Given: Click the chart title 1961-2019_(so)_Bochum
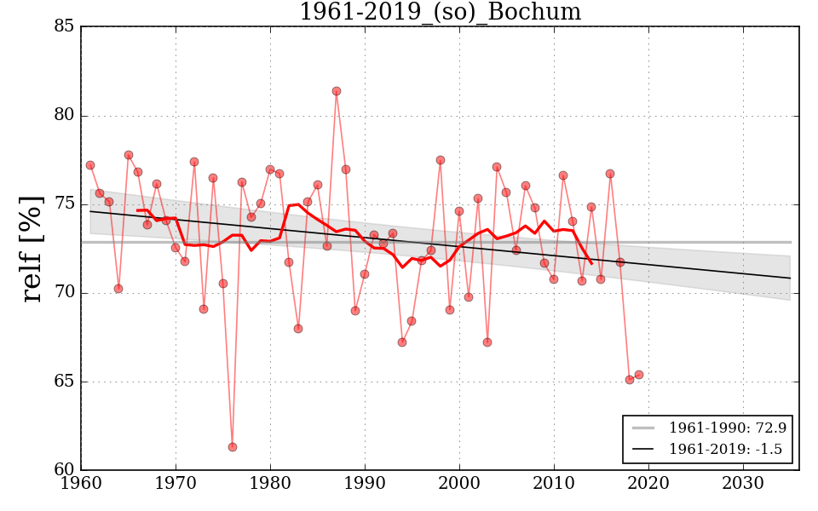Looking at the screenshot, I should pyautogui.click(x=440, y=13).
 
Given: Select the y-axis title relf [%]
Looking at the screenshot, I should pyautogui.click(x=32, y=249).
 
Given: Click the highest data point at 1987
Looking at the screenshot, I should pyautogui.click(x=337, y=91).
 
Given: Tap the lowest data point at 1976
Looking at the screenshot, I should pyautogui.click(x=233, y=447).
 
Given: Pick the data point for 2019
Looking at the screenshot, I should pyautogui.click(x=639, y=375).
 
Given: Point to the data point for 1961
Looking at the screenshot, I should pyautogui.click(x=90, y=165).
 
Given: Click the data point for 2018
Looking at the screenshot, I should pyautogui.click(x=630, y=380).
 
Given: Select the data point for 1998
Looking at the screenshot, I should pyautogui.click(x=441, y=160).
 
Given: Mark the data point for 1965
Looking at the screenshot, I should pyautogui.click(x=129, y=155).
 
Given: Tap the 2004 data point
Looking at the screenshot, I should pyautogui.click(x=497, y=167).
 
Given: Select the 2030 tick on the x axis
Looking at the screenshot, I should pyautogui.click(x=744, y=483).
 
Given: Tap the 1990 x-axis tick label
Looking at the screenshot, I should pyautogui.click(x=366, y=483).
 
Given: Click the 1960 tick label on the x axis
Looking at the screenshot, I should pyautogui.click(x=82, y=483).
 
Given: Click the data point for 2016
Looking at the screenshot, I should pyautogui.click(x=610, y=174).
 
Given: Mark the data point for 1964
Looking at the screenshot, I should pyautogui.click(x=118, y=289).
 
